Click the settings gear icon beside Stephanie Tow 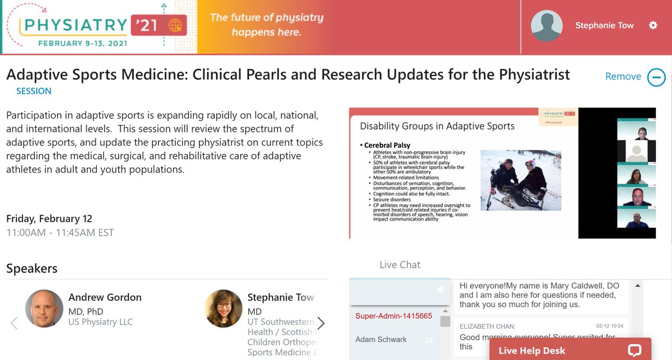(x=653, y=25)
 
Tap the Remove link (x=623, y=77)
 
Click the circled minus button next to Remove (x=656, y=77)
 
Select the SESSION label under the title (x=34, y=91)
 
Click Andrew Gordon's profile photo (x=44, y=308)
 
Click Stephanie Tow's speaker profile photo (x=223, y=308)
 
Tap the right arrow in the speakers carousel (x=321, y=323)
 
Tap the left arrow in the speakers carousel (x=14, y=323)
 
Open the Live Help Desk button (x=570, y=350)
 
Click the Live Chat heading (x=399, y=265)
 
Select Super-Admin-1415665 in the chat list (x=394, y=316)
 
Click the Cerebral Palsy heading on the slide (x=388, y=146)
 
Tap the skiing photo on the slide (x=520, y=180)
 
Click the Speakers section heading (x=32, y=269)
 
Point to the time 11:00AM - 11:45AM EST (x=60, y=232)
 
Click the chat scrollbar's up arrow (x=637, y=286)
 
